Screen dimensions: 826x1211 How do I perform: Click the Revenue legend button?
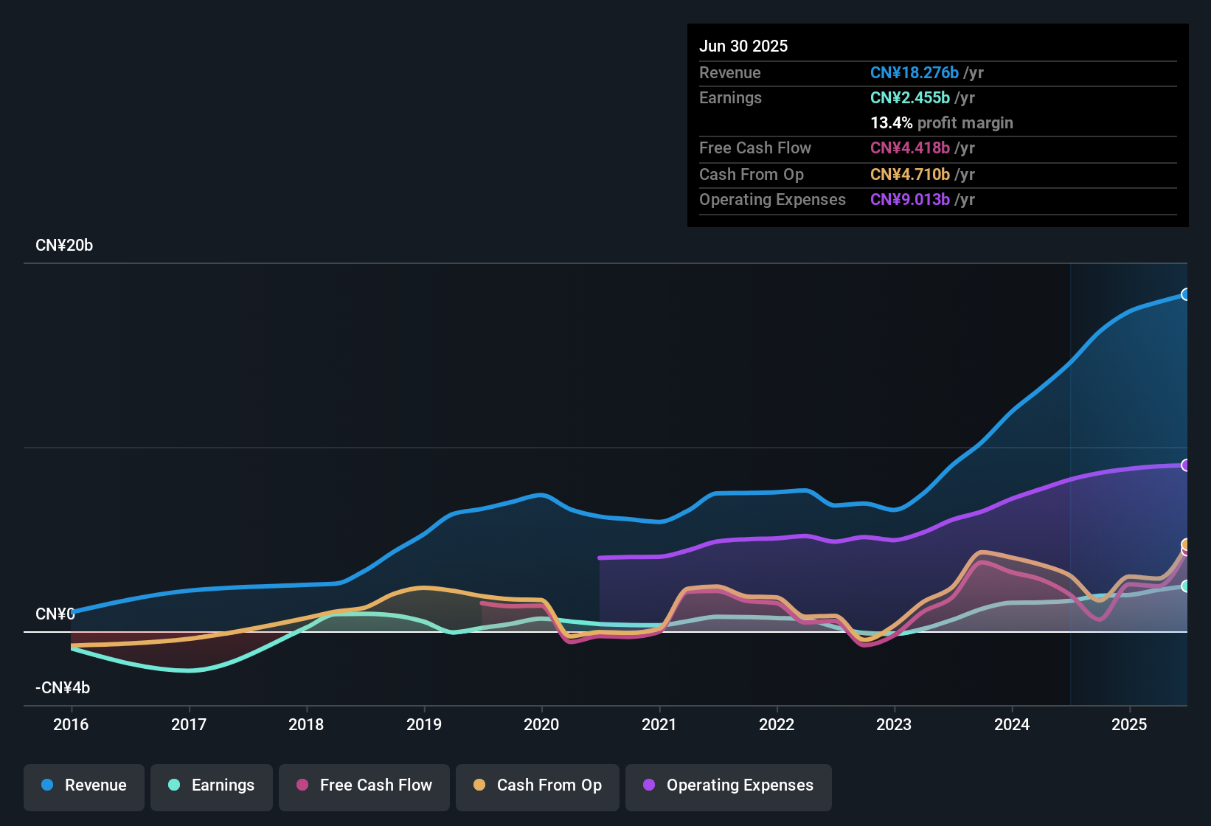click(x=84, y=785)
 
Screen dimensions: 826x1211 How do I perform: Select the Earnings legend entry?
click(x=212, y=785)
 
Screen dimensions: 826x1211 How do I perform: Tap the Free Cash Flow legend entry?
click(x=364, y=785)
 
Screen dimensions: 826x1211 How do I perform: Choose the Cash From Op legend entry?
click(x=538, y=785)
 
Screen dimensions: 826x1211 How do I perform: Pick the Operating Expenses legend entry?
click(x=729, y=785)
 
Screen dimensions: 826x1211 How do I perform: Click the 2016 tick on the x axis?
click(x=71, y=724)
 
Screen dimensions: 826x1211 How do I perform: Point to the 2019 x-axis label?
click(x=424, y=724)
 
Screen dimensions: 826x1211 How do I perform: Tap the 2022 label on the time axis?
click(x=777, y=724)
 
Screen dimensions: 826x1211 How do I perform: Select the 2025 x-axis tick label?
click(x=1129, y=724)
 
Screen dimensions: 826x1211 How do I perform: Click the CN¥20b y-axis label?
click(x=64, y=246)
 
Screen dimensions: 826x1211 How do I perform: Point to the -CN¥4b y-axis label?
click(x=63, y=688)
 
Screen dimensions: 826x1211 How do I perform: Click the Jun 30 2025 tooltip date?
click(x=743, y=46)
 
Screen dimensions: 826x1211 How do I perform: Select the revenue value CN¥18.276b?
click(x=914, y=72)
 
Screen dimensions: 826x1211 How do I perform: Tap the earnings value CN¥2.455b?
click(x=909, y=97)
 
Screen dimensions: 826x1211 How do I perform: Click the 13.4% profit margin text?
click(x=941, y=122)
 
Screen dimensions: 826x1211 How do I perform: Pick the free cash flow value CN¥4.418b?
click(x=909, y=147)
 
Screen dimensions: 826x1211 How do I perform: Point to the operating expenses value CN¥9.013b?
click(x=909, y=199)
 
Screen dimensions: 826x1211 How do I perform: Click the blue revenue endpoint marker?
click(x=1185, y=294)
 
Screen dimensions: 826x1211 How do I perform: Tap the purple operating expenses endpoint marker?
click(x=1185, y=465)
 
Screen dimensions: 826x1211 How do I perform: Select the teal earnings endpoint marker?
click(x=1185, y=586)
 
